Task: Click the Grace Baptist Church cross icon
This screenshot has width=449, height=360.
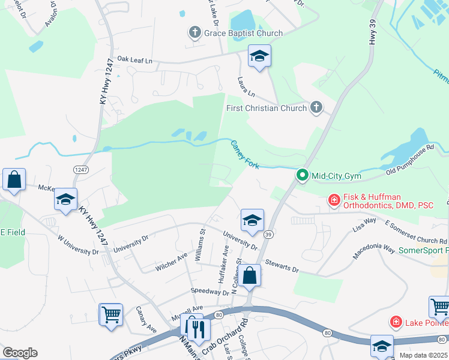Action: [x=194, y=33]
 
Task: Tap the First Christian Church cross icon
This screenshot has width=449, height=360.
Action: [x=316, y=108]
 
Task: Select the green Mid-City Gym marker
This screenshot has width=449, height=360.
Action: [x=303, y=176]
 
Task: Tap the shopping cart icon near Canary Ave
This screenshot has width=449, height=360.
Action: [x=111, y=314]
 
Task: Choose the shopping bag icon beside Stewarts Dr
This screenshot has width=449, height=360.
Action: [x=251, y=275]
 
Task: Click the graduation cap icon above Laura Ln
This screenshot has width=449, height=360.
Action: [x=259, y=57]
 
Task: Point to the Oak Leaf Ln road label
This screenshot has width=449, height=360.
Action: [x=135, y=60]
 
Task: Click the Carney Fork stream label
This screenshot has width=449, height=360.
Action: [x=245, y=154]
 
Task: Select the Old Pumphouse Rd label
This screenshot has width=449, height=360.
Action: [x=410, y=160]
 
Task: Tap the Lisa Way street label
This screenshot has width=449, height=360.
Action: [x=364, y=225]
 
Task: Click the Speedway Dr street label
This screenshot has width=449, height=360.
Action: [x=210, y=291]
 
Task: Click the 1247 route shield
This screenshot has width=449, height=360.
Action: [x=81, y=170]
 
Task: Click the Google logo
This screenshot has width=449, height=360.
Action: [x=20, y=353]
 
